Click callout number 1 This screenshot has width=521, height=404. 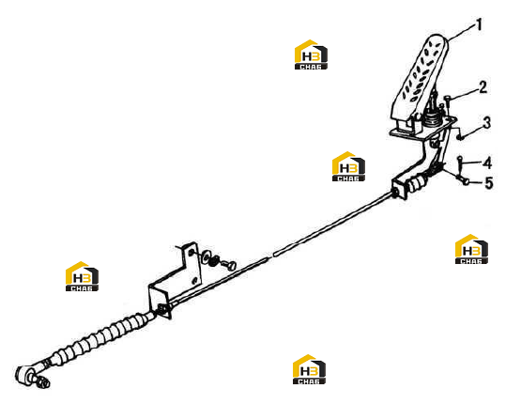pos(479,24)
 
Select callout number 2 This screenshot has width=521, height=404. pos(483,86)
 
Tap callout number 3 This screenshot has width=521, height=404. pos(487,123)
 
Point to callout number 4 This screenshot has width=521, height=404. pos(487,163)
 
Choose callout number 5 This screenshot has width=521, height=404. pos(488,183)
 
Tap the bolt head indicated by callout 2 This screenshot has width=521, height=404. pos(447,98)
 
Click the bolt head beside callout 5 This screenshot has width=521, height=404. pos(466,181)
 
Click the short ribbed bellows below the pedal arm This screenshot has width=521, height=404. pos(417,185)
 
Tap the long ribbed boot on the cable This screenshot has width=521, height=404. pos(100,338)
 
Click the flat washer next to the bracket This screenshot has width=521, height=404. pos(206,255)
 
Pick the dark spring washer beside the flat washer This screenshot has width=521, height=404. pos(214,260)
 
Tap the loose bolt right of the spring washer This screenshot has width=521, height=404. pos(229,265)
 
